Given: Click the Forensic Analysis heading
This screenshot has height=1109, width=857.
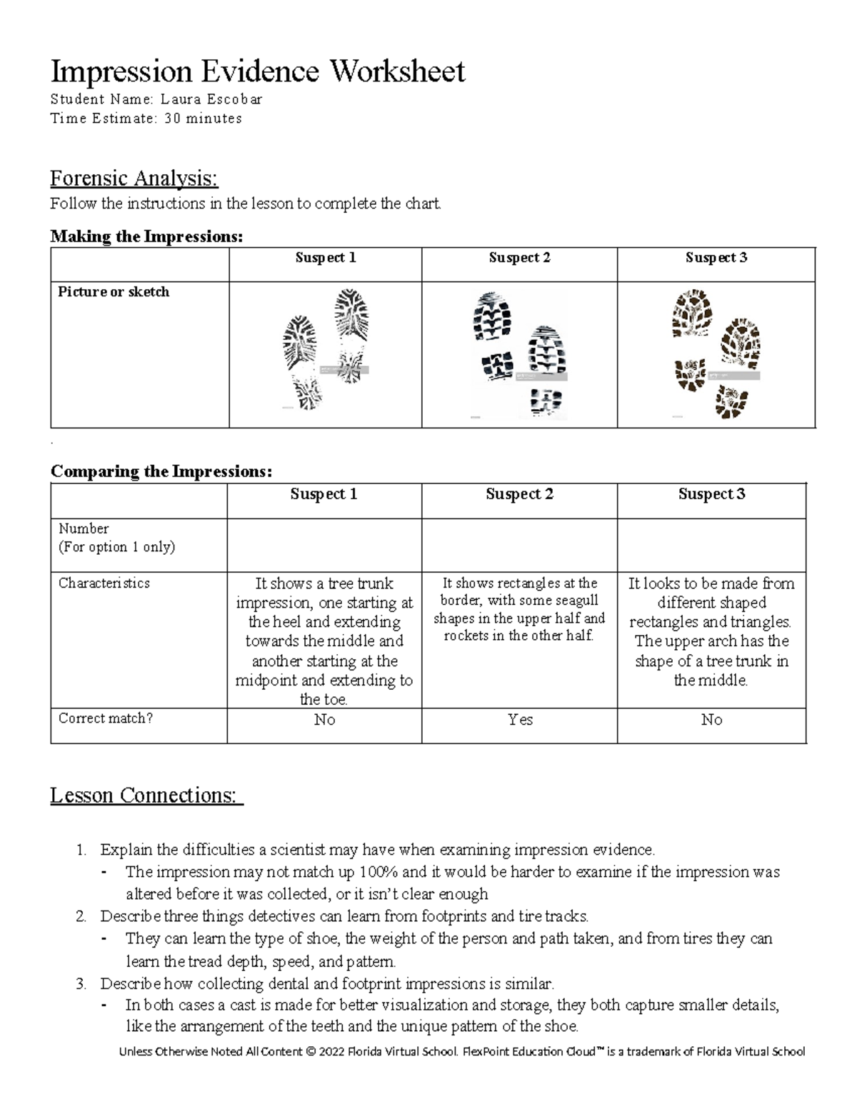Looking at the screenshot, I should pos(134,178).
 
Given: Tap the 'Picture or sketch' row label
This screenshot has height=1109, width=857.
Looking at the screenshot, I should pos(114,292).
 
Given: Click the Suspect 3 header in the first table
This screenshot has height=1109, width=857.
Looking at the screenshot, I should pos(716,258).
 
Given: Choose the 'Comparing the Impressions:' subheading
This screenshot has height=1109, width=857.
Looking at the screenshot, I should pos(161,471).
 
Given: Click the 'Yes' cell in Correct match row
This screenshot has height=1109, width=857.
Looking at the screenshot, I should pos(520,720).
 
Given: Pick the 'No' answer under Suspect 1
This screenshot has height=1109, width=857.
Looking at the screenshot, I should pos(324,720).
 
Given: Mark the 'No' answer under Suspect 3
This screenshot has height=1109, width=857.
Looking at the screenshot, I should pos(711,720).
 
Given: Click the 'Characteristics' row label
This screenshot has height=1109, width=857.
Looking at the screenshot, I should pos(104,583).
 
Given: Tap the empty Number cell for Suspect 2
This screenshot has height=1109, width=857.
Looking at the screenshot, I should pos(520,545).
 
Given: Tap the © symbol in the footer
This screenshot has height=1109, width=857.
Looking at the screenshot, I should pos(309,1051).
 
